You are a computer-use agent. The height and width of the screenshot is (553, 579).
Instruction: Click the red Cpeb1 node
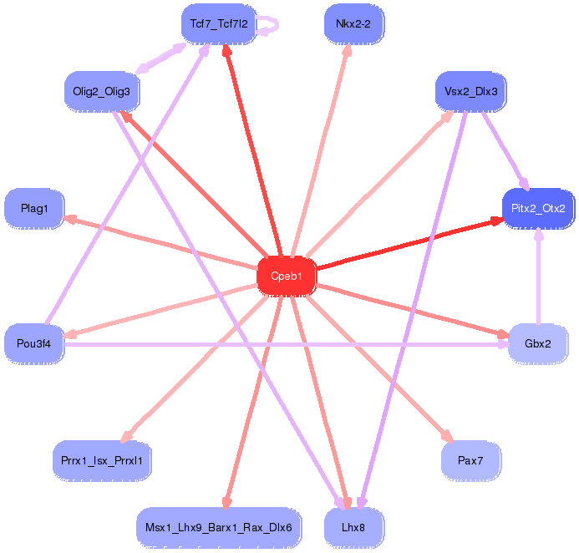click(287, 275)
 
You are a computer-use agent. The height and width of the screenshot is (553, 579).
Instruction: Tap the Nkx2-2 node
click(353, 23)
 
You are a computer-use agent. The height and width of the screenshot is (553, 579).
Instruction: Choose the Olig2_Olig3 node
click(101, 90)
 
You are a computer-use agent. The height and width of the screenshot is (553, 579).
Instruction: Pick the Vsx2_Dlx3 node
click(471, 90)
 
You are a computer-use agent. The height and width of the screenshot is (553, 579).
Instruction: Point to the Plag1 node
click(34, 208)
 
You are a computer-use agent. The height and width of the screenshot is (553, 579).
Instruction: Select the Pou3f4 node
click(34, 342)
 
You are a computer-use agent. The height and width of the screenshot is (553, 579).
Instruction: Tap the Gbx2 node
click(538, 342)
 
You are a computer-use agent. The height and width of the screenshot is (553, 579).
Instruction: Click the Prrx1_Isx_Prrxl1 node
click(102, 460)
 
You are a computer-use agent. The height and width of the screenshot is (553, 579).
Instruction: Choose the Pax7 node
click(471, 460)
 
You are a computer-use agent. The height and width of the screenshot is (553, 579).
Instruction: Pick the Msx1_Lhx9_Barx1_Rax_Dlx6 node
click(218, 527)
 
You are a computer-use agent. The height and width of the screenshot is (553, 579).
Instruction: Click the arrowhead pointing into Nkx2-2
click(347, 49)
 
